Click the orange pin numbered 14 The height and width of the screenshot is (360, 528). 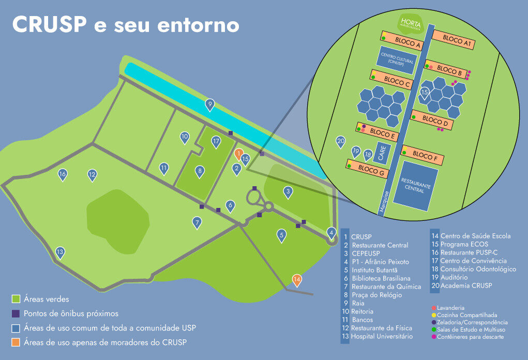(297, 280)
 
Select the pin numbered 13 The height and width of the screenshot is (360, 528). (60, 252)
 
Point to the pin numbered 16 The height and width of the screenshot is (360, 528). (63, 174)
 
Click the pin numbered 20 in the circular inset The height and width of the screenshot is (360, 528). (340, 141)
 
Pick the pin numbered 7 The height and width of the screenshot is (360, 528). (197, 222)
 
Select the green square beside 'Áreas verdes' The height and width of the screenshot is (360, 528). (16, 299)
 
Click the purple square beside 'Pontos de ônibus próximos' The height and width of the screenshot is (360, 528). (16, 313)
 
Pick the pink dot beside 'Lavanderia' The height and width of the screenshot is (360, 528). (433, 308)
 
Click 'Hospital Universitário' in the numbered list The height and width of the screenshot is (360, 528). (381, 337)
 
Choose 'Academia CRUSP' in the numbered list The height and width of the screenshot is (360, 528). (466, 286)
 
